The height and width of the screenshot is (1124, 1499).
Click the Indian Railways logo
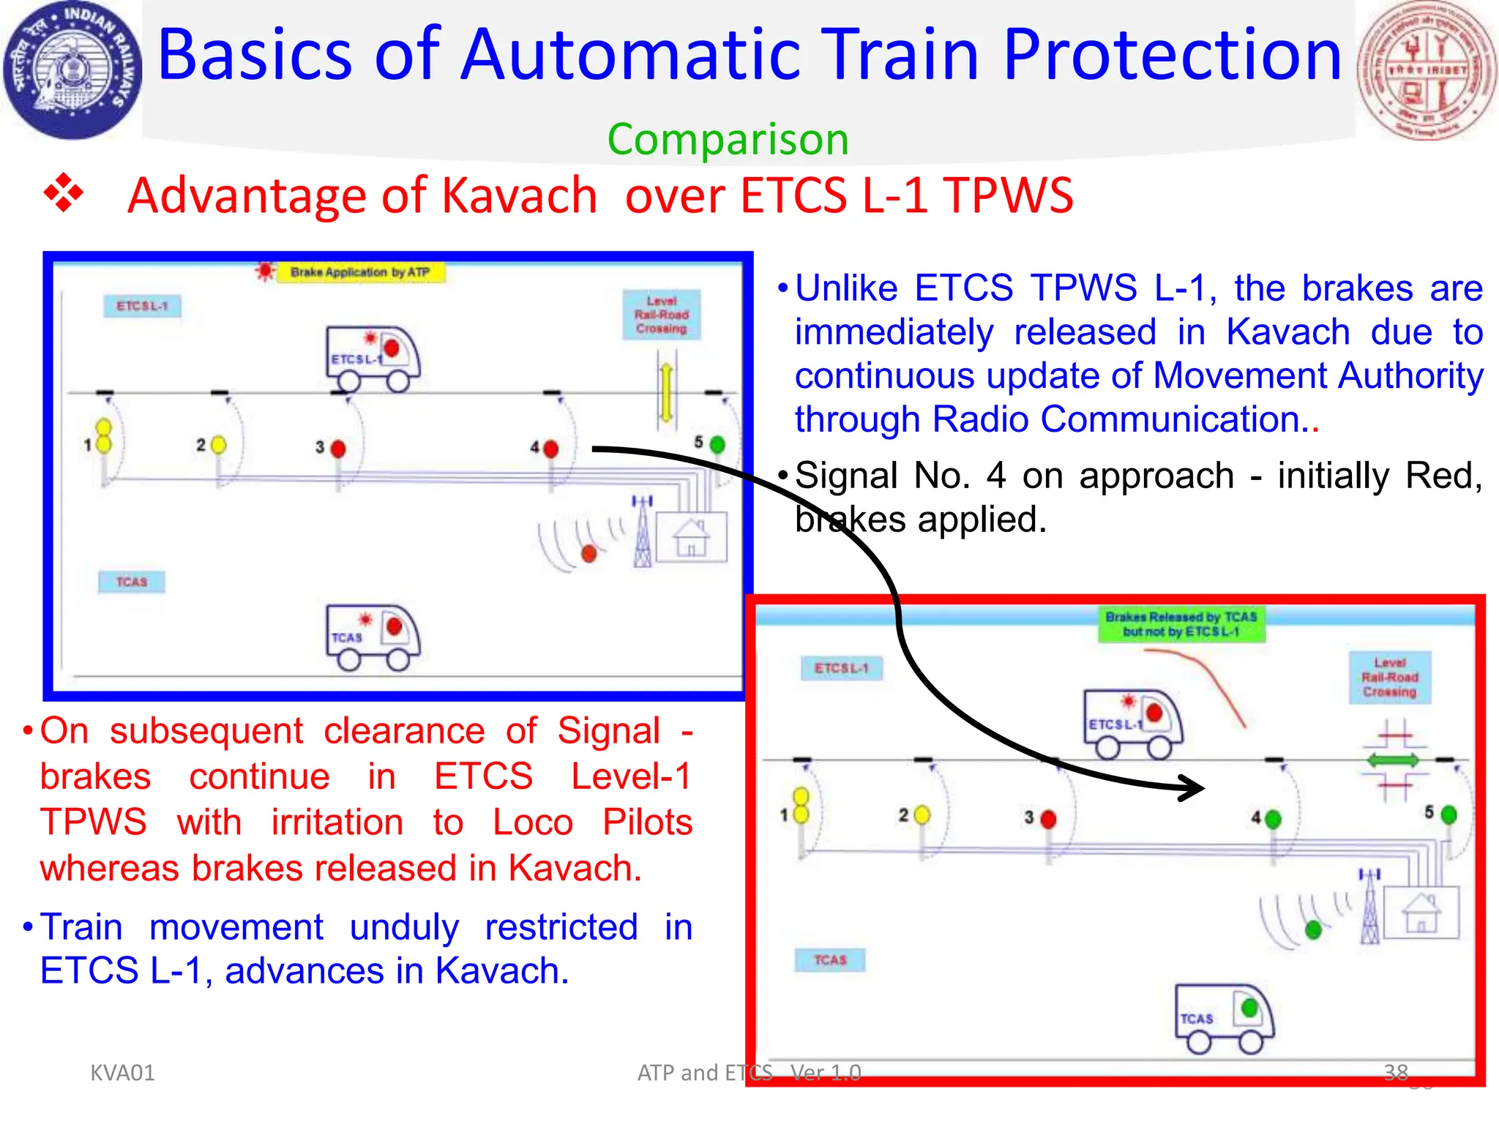72,70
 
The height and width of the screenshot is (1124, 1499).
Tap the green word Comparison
728,139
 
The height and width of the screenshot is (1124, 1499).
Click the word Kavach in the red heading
520,195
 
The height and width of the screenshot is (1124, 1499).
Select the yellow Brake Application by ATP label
359,272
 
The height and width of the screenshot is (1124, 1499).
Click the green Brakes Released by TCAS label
1181,624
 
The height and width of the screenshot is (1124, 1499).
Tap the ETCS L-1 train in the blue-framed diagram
373,359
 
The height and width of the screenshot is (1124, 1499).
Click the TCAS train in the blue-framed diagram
373,637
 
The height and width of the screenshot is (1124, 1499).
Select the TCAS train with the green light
1224,1018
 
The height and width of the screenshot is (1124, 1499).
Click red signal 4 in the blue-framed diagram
550,449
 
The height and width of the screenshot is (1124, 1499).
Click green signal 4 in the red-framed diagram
1273,818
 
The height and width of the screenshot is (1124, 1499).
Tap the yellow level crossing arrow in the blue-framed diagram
666,393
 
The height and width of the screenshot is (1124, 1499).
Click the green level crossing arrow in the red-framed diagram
1393,760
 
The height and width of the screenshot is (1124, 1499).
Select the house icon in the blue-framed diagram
691,538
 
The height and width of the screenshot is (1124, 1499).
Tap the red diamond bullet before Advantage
64,194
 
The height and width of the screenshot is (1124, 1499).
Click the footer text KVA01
122,1073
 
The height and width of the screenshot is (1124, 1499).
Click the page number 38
1395,1073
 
